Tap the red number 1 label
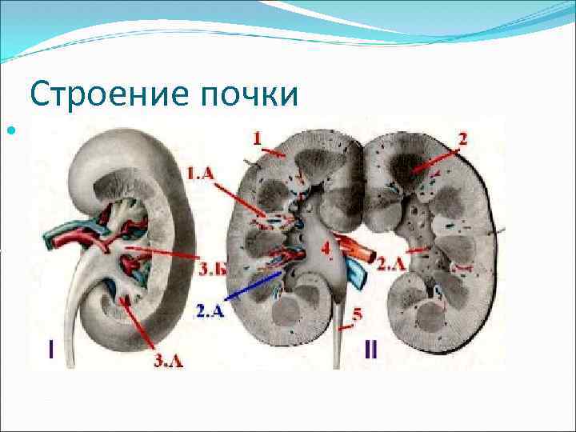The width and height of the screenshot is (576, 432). [x=257, y=138]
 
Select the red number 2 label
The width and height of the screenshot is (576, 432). [x=462, y=138]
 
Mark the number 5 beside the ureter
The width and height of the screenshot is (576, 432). [x=357, y=314]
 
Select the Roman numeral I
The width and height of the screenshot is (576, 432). [x=51, y=350]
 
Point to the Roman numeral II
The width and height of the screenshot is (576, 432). [x=371, y=350]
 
